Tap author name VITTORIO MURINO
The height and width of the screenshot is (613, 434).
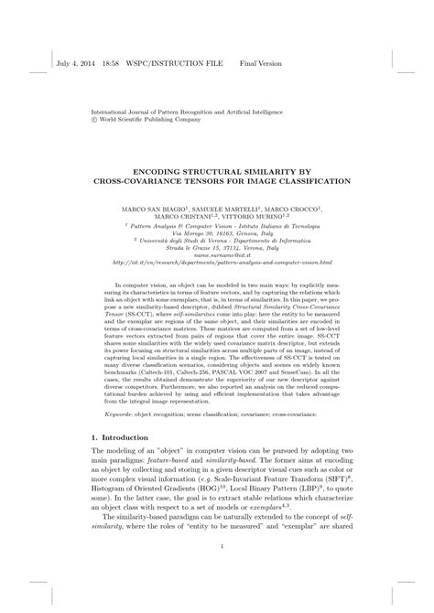[280, 217]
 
